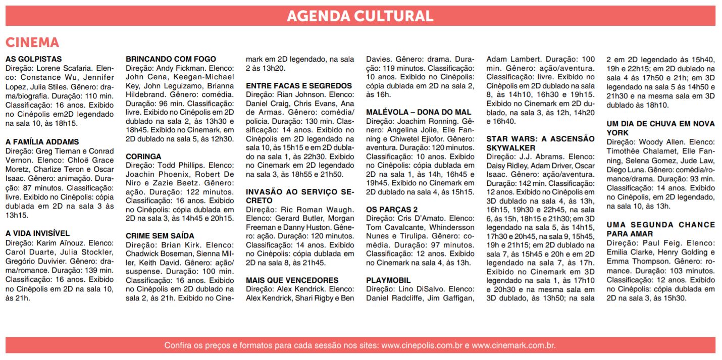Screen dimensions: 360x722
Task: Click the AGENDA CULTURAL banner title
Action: tap(360, 16)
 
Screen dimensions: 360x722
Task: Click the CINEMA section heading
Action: tap(32, 42)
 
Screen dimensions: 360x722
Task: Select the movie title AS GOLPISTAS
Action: tap(34, 59)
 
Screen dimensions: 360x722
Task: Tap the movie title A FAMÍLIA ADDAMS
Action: tap(42, 142)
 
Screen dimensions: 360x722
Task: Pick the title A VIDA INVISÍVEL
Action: tap(38, 233)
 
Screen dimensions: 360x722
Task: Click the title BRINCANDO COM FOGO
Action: tap(171, 59)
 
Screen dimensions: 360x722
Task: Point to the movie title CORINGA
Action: tap(143, 157)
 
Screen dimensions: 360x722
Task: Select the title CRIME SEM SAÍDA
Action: tap(160, 236)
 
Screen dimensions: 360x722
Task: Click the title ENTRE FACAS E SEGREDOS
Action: tap(299, 86)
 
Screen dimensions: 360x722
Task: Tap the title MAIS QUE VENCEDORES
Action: tap(292, 280)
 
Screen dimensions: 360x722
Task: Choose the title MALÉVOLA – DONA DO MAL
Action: tap(419, 112)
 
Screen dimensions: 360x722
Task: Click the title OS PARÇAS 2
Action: tap(391, 210)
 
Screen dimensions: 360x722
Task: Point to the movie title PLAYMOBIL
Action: tap(388, 280)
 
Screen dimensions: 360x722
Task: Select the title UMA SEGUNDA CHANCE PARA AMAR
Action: tap(660, 229)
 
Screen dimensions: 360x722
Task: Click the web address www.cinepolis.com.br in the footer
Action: tap(422, 346)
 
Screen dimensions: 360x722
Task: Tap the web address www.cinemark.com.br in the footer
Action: tap(513, 346)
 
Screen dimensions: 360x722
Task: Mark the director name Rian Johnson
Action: tap(300, 94)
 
